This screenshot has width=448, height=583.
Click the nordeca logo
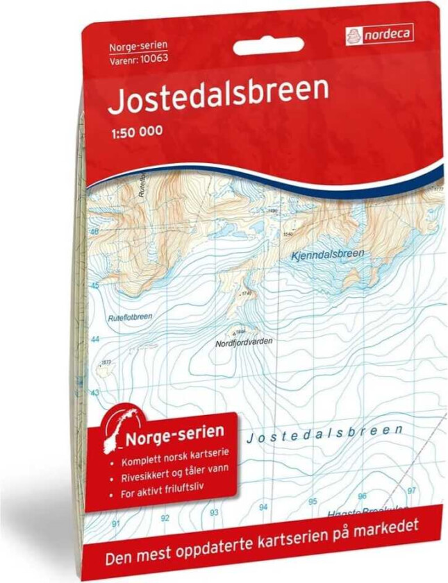tap(379, 33)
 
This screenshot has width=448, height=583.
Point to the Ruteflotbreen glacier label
tap(131, 317)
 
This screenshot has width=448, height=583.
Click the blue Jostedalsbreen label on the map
tap(324, 432)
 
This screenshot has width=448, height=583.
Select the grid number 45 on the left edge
tap(95, 285)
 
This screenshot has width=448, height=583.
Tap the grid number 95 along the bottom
tap(313, 500)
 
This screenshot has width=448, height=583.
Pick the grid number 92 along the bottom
tap(165, 518)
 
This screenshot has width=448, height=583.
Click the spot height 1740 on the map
tap(244, 294)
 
